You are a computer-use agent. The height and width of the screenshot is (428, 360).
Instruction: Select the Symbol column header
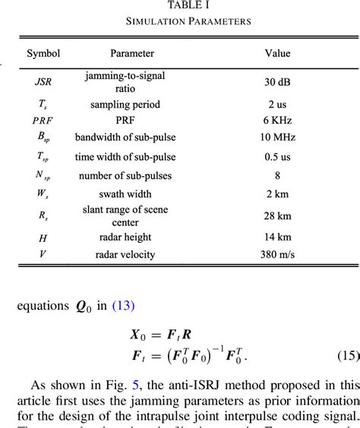click(x=43, y=54)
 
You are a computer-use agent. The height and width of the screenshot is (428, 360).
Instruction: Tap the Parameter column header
click(x=131, y=54)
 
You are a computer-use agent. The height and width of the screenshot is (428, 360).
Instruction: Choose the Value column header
click(x=276, y=54)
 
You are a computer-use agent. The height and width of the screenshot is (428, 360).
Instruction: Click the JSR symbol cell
click(x=43, y=81)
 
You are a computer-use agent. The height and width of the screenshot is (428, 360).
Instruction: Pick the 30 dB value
click(x=277, y=81)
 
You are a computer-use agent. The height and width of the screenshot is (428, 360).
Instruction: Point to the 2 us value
click(x=277, y=104)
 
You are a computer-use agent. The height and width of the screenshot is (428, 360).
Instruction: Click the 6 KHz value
click(x=277, y=121)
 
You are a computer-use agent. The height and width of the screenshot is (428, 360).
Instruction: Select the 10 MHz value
click(x=277, y=137)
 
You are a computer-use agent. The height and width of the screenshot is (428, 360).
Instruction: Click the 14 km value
click(x=277, y=238)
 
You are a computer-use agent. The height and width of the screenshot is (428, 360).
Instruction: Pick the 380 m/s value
click(x=277, y=254)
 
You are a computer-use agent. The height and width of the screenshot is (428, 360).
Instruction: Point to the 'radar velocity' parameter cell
click(x=131, y=254)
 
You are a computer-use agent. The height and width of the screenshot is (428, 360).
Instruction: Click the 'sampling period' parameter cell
click(x=131, y=104)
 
